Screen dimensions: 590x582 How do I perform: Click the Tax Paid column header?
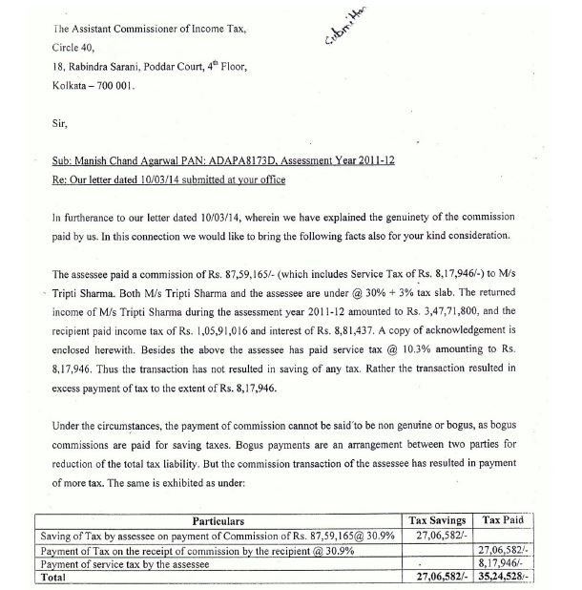(x=506, y=520)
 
